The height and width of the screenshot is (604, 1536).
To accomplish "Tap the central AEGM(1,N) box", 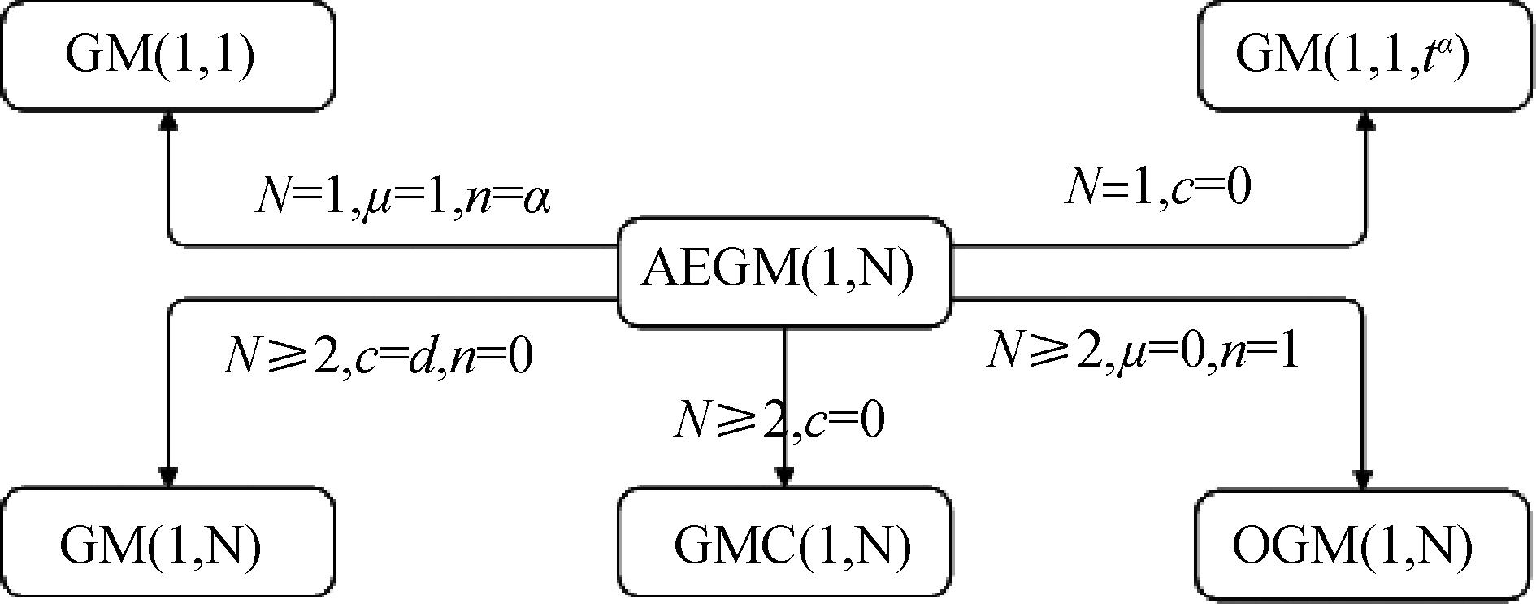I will (x=783, y=271).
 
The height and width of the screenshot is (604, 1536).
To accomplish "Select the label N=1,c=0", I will (x=1157, y=188).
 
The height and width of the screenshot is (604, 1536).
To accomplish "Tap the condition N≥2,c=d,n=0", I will (x=378, y=357).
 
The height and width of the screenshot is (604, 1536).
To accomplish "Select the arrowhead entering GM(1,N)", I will (x=167, y=476).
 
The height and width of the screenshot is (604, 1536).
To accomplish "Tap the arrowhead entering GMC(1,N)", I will (x=783, y=476).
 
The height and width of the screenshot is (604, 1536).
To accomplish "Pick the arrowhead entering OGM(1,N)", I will (x=1363, y=476).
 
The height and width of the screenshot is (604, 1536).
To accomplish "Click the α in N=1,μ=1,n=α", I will (x=536, y=199).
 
